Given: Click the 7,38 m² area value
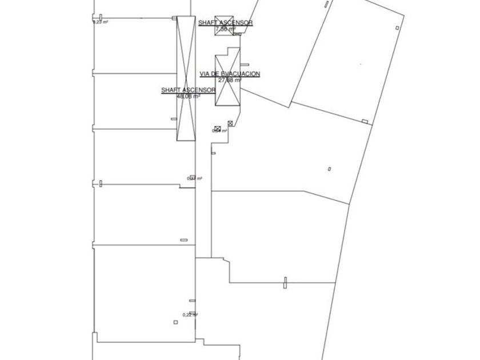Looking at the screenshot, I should pyautogui.click(x=226, y=28).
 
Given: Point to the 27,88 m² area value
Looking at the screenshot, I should pyautogui.click(x=230, y=80).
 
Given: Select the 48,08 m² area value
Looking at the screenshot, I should pyautogui.click(x=188, y=96).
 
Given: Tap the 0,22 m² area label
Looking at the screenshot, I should pyautogui.click(x=190, y=315).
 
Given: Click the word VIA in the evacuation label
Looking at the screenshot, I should pyautogui.click(x=205, y=74).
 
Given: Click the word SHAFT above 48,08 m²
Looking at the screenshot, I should pyautogui.click(x=170, y=90).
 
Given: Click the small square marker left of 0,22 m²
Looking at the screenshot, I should pyautogui.click(x=176, y=322).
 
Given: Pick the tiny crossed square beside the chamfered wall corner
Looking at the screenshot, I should pyautogui.click(x=230, y=123).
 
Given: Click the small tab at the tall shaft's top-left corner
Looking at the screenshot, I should pyautogui.click(x=174, y=18).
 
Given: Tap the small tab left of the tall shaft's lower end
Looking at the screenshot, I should pyautogui.click(x=174, y=119).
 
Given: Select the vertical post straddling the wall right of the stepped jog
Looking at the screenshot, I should pyautogui.click(x=285, y=282).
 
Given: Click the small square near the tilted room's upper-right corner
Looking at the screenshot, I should pyautogui.click(x=397, y=27).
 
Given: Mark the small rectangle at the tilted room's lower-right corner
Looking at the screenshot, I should pyautogui.click(x=365, y=121).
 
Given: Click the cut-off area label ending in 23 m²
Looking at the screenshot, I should pyautogui.click(x=101, y=22).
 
